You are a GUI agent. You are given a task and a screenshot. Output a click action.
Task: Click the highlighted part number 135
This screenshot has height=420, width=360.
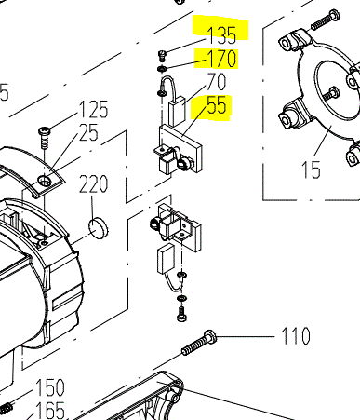[x=221, y=34]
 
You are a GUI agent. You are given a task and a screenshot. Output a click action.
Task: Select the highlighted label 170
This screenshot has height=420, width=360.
[x=221, y=59]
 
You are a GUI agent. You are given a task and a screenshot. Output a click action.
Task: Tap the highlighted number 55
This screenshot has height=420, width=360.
[x=217, y=105]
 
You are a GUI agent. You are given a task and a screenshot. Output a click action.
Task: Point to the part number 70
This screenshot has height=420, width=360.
[x=217, y=82]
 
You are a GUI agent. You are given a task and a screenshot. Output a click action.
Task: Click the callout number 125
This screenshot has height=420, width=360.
[x=94, y=109]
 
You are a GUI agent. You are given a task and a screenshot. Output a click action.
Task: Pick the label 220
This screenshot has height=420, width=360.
[x=94, y=184]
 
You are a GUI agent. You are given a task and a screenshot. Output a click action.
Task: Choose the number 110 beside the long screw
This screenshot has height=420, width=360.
[x=296, y=335]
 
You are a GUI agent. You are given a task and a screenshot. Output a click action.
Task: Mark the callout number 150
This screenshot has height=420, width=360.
[x=50, y=387]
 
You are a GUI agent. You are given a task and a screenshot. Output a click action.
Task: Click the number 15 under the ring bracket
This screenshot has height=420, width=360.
[x=311, y=169]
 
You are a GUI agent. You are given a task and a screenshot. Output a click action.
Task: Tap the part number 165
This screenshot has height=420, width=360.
[x=50, y=410]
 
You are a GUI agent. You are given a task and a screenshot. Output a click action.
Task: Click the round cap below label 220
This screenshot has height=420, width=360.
[x=99, y=227]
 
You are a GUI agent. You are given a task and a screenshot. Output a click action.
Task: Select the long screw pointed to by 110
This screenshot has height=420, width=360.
[x=199, y=343]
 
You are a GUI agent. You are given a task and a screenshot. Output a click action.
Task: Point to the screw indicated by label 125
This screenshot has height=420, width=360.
[x=44, y=138]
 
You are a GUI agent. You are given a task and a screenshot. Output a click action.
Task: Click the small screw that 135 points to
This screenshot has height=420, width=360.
[x=162, y=56]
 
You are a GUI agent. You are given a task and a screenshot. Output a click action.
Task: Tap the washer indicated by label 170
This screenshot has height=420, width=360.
[x=162, y=69]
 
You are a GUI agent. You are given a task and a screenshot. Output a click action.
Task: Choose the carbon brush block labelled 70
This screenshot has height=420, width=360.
[x=177, y=111]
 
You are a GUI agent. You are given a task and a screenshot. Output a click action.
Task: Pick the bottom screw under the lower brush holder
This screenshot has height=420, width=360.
[x=181, y=314]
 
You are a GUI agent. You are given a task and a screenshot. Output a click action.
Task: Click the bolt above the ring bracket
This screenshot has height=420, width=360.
[x=325, y=20]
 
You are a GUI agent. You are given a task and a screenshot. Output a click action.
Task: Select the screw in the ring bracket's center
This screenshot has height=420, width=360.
[x=331, y=94]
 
